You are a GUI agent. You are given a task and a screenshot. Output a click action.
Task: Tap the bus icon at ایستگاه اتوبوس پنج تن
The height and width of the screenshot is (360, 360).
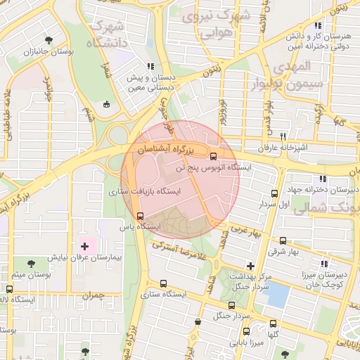tap(214, 156)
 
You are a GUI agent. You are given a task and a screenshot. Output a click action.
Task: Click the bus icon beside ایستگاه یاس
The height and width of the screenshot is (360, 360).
tap(140, 216)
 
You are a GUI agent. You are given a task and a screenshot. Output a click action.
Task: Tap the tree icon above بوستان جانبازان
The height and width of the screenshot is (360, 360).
tap(48, 40)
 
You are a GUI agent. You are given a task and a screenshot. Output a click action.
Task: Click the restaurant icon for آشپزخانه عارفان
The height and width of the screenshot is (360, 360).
tap(283, 136)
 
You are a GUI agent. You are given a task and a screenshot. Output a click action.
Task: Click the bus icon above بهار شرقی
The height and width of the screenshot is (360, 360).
tap(283, 240)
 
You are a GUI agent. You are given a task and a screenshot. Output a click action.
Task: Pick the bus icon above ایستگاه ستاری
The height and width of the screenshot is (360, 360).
tap(163, 284)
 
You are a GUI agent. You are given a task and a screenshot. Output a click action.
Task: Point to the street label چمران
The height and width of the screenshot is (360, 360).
tap(91, 296)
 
